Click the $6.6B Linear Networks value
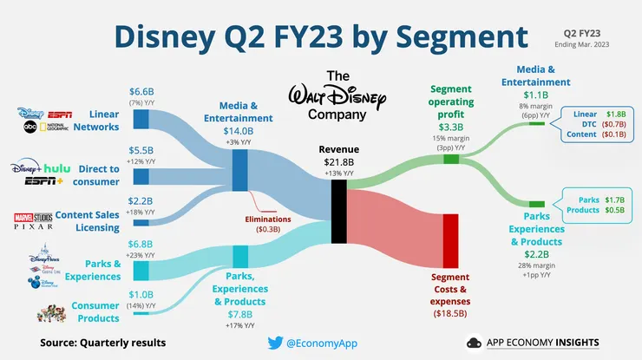coord(141,92)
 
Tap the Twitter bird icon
coord(273,343)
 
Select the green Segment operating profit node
coord(450,159)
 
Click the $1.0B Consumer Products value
coord(141,295)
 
